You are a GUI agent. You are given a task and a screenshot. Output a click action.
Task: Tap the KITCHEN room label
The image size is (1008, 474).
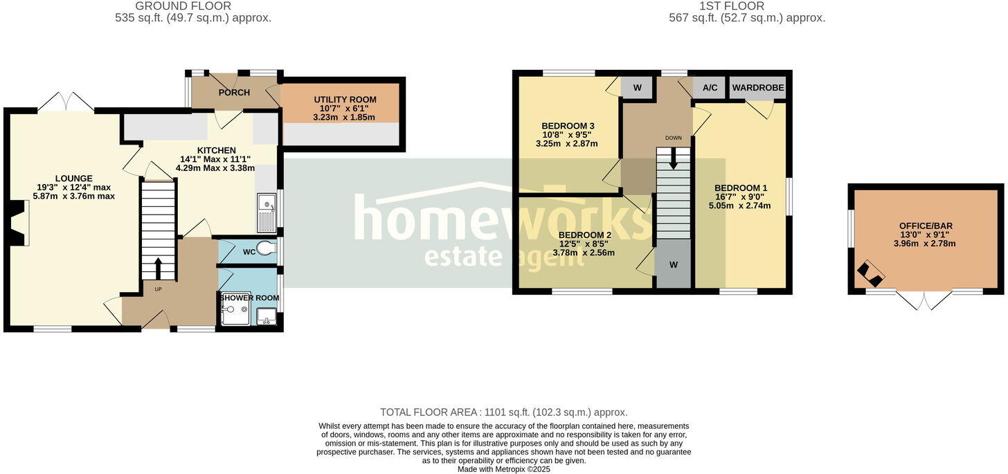coord(216,150)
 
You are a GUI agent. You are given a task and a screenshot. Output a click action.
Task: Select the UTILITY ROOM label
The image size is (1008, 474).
coord(343,100)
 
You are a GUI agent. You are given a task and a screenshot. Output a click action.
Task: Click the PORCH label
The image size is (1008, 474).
coord(234,93)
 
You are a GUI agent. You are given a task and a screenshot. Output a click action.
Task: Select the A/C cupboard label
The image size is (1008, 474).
coord(710,88)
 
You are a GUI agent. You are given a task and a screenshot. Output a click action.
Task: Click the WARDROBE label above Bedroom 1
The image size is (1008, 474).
coord(758,88)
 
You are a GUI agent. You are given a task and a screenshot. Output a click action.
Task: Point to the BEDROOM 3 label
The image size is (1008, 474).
coord(568,126)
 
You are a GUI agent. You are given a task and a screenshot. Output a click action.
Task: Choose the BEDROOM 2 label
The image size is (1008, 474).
coord(584,235)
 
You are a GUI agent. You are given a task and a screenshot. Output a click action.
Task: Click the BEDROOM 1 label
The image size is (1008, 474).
coord(740,188)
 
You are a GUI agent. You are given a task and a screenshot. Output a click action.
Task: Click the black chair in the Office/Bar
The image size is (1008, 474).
coord(870,275)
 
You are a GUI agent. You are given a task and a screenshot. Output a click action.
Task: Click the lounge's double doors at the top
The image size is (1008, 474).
coord(65,102)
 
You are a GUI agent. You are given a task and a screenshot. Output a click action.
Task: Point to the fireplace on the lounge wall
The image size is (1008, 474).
coord(19,223)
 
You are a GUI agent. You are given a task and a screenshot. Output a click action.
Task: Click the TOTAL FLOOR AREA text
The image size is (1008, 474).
coord(503,412)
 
